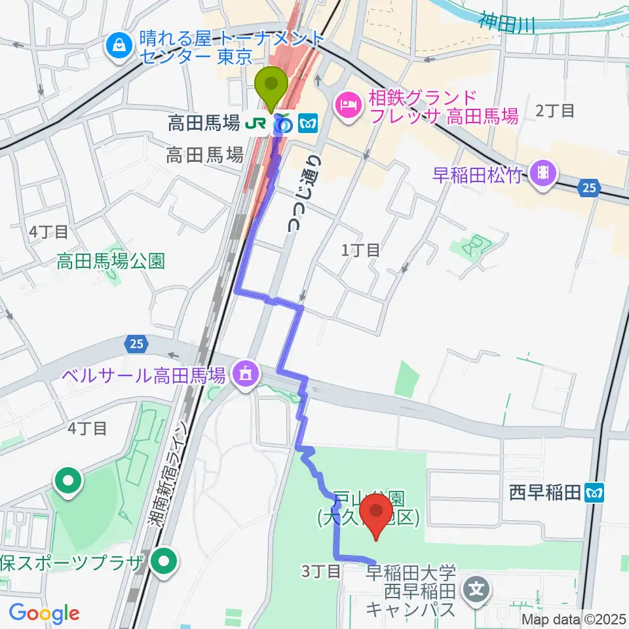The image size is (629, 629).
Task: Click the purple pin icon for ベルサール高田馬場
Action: click(x=246, y=375)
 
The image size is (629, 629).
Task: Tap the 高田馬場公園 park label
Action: click(x=111, y=261)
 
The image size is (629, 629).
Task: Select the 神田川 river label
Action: click(x=506, y=24)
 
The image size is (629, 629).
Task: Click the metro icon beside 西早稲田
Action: click(x=594, y=491)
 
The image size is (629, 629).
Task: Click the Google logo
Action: click(x=44, y=613)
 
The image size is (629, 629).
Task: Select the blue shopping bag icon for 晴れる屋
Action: click(x=120, y=47)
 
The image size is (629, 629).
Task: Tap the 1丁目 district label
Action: click(x=360, y=250)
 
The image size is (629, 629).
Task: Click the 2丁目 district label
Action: click(x=554, y=110)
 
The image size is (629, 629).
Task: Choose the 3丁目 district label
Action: click(x=321, y=571)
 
